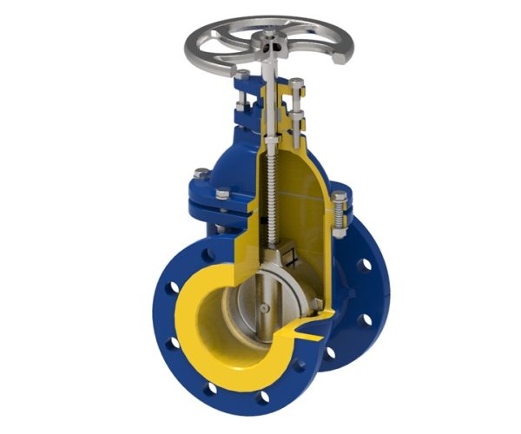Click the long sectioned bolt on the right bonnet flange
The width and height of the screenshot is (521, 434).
coord(340,213)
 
